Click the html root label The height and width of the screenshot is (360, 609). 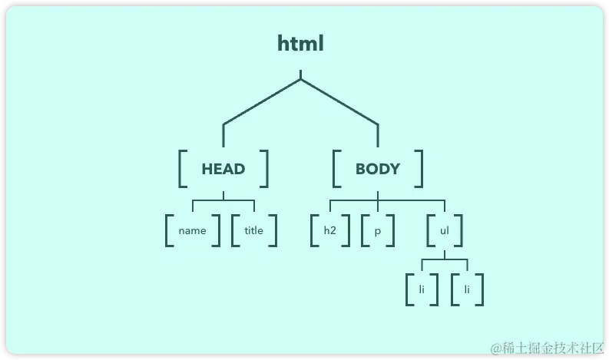click(x=300, y=44)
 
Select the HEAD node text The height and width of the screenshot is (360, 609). click(x=223, y=169)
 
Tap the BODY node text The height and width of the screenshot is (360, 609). click(x=377, y=169)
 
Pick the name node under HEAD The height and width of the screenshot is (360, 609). click(x=192, y=230)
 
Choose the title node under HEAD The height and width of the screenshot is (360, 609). click(x=253, y=230)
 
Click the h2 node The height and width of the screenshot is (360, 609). click(x=330, y=230)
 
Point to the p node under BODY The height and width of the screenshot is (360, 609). click(x=377, y=230)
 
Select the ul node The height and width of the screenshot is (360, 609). click(x=445, y=230)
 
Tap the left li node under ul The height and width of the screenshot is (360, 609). click(x=422, y=289)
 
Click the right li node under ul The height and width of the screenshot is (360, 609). click(x=467, y=289)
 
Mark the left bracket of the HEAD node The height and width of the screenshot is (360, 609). click(x=182, y=169)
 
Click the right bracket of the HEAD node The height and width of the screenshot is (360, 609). click(x=265, y=169)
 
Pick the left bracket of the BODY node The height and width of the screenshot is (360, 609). click(x=336, y=169)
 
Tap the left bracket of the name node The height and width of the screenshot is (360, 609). click(x=168, y=230)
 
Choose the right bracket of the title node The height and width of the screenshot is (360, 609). click(x=273, y=230)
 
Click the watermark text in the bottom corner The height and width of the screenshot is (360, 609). click(x=548, y=348)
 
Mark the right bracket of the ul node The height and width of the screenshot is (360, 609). click(x=460, y=230)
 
